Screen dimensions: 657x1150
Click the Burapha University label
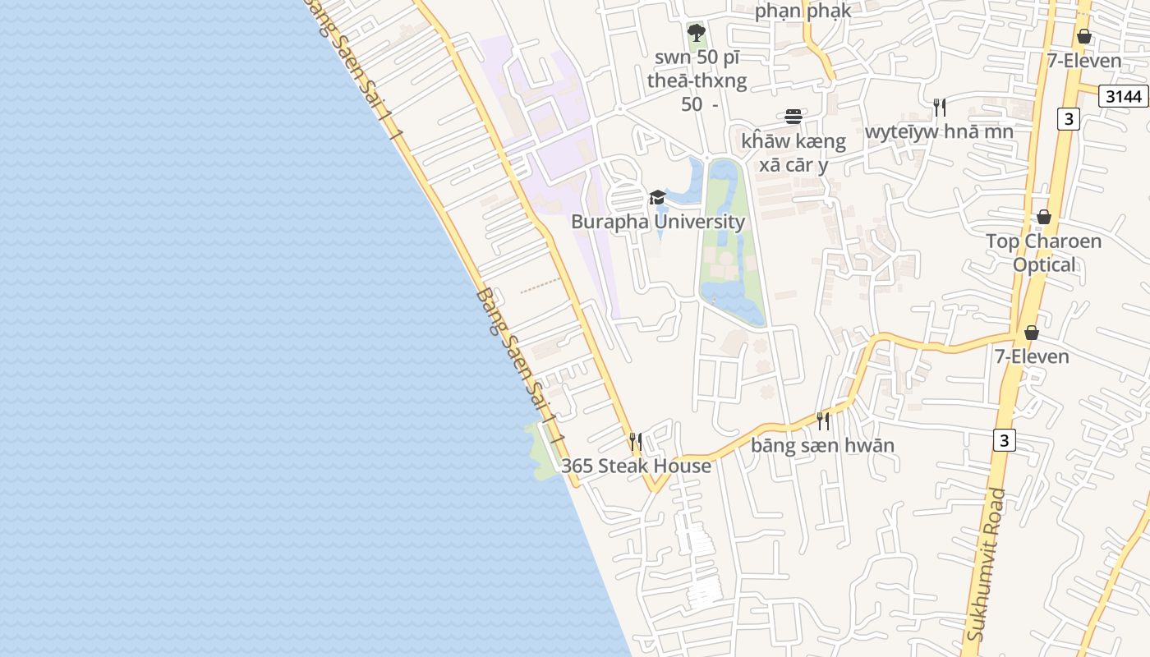tap(658, 222)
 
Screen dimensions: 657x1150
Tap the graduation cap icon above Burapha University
tap(657, 197)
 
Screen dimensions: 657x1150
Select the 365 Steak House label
tap(636, 466)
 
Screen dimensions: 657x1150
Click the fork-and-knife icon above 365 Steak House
tap(635, 441)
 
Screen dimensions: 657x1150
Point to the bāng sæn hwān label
tap(822, 445)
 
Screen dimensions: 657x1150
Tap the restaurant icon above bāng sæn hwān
tap(823, 421)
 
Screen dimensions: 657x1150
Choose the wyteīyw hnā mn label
tap(939, 131)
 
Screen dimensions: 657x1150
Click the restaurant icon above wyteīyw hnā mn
tap(940, 107)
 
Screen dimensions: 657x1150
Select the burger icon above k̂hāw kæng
tap(793, 117)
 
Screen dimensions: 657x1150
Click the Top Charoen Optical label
tap(1043, 253)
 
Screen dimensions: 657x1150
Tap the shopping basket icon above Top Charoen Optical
tap(1043, 217)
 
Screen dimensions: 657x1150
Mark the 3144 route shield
tap(1123, 96)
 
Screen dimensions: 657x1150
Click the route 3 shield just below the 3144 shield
tap(1068, 119)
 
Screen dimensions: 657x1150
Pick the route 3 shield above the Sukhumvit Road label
tap(1003, 440)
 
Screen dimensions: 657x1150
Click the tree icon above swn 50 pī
tap(697, 34)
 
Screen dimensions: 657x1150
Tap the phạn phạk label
tap(803, 11)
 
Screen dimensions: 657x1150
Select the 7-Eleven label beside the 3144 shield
tap(1084, 61)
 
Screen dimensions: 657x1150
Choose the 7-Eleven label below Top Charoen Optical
tap(1032, 356)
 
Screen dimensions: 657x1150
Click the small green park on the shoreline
tap(543, 451)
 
